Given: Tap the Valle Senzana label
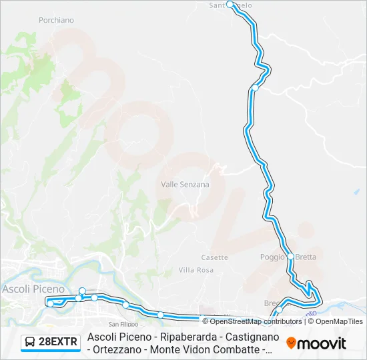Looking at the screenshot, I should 185,185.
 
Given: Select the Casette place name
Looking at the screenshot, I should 214,257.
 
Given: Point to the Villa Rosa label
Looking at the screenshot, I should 196,270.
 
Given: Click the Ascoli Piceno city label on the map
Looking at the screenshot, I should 34,289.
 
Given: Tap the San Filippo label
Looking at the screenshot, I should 123,324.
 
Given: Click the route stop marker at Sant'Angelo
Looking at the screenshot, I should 230,4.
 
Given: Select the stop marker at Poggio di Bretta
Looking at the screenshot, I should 291,256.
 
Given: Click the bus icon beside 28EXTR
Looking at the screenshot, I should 31,343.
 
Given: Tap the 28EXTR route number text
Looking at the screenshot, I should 58,343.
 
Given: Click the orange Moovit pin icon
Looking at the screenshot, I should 291,343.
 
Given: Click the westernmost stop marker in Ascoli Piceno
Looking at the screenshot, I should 50,304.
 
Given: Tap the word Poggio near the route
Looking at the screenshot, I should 272,257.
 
